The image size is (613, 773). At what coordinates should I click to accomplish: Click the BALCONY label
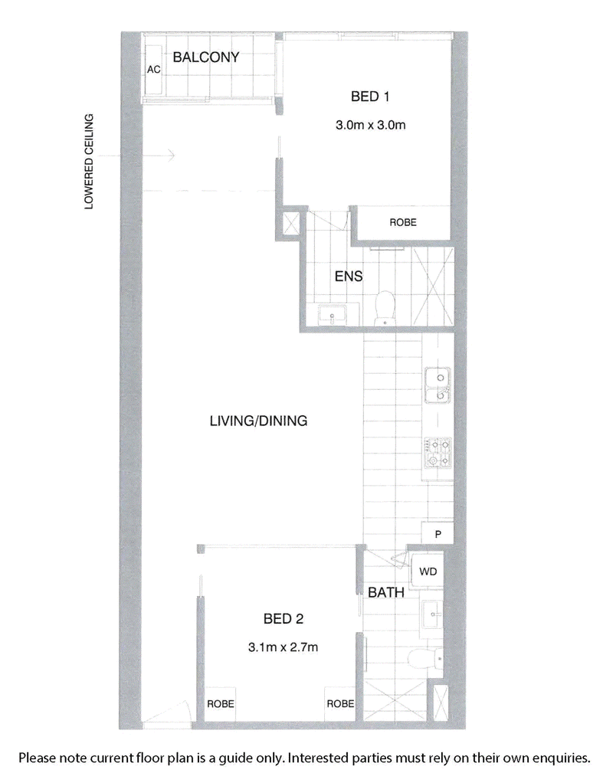point(206,57)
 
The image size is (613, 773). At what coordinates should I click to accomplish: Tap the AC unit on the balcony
point(153,69)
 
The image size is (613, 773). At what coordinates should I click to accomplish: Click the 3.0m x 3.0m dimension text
point(370,125)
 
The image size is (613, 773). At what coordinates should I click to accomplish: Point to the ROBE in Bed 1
point(403,223)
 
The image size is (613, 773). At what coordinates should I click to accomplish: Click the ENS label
point(348,276)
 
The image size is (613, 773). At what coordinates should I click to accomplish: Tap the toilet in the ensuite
point(384,307)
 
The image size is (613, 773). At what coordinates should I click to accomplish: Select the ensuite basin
point(333,313)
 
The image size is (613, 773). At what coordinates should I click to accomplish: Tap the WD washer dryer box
point(428,571)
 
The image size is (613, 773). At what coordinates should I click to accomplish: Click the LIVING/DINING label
point(258,421)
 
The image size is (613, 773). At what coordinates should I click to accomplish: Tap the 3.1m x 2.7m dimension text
point(283,647)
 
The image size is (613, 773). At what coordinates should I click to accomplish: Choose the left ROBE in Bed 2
point(220,703)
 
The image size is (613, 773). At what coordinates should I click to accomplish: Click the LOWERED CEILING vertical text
point(89,162)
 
